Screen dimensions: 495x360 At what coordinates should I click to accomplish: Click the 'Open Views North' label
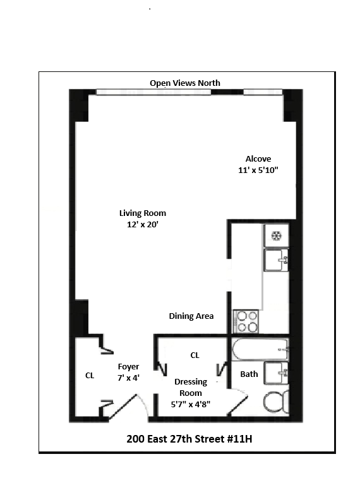tap(184, 83)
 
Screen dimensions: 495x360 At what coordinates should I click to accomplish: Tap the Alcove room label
tap(258, 159)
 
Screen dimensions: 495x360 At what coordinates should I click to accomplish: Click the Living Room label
tap(143, 213)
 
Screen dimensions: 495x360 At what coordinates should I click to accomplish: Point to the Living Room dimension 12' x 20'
tap(142, 224)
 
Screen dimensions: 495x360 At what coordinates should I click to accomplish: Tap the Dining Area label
tap(191, 316)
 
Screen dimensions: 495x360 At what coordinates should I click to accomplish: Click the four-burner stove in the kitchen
tap(245, 321)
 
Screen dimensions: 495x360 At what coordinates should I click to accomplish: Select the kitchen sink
tap(276, 259)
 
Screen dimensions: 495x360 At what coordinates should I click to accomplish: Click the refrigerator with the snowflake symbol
tap(276, 236)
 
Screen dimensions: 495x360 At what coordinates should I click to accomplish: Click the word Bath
tap(249, 374)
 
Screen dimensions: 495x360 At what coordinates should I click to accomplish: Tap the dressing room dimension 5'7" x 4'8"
tap(190, 403)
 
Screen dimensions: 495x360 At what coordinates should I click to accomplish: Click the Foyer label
tap(128, 367)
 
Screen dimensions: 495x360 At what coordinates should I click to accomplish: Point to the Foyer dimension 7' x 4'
tap(128, 378)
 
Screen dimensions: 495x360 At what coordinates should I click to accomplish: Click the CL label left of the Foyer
tap(90, 375)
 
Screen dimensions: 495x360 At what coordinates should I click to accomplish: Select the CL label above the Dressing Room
tap(195, 355)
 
